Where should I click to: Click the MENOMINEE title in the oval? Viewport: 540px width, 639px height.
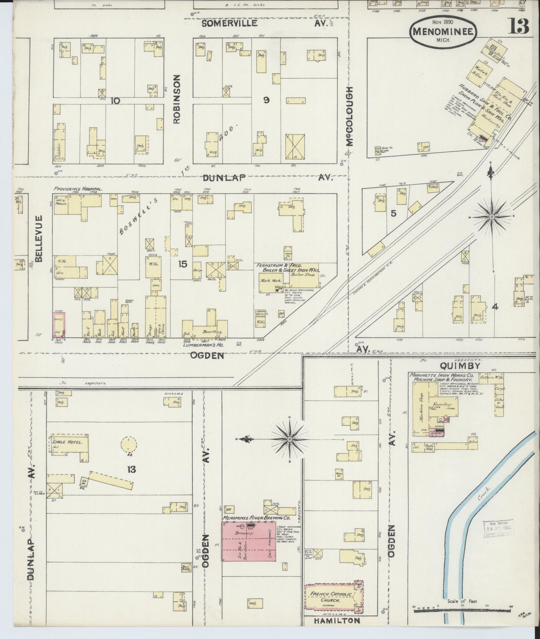pyautogui.click(x=443, y=32)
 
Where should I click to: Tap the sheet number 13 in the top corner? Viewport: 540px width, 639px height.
pyautogui.click(x=519, y=26)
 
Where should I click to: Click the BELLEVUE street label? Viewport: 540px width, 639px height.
pyautogui.click(x=39, y=238)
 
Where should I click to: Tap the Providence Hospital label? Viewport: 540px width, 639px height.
pyautogui.click(x=78, y=189)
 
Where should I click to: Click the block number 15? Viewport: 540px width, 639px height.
pyautogui.click(x=182, y=264)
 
